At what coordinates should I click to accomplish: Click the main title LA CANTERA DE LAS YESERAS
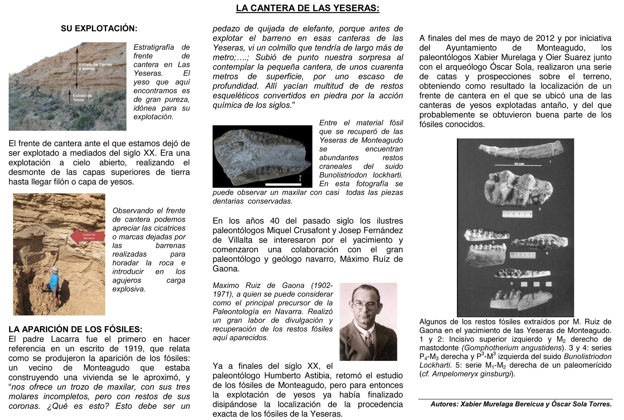[x=307, y=8]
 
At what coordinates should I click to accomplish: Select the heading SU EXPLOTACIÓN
[x=99, y=28]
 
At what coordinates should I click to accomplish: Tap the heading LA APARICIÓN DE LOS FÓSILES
[x=75, y=329]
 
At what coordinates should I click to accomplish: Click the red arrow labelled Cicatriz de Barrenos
[x=87, y=236]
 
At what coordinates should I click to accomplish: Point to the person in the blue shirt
[x=54, y=284]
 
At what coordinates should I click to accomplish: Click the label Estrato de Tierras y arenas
[x=95, y=67]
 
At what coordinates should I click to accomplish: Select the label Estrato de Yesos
[x=82, y=98]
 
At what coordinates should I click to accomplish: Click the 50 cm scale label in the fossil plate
[x=519, y=164]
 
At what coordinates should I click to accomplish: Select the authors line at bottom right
[x=521, y=404]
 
